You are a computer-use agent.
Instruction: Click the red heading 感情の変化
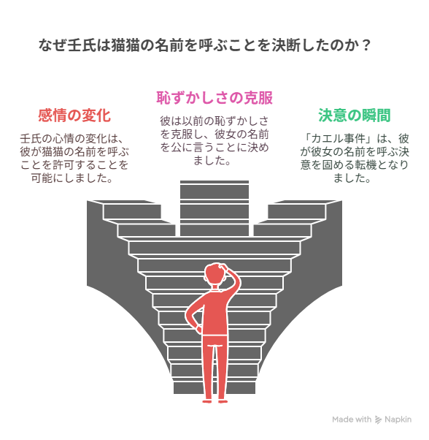pyautogui.click(x=74, y=115)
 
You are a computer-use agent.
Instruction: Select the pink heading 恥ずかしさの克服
pyautogui.click(x=214, y=98)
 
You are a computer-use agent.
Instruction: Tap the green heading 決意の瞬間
pyautogui.click(x=355, y=115)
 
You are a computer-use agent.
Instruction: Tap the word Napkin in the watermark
pyautogui.click(x=398, y=420)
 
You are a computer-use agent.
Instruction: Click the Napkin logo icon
pyautogui.click(x=379, y=420)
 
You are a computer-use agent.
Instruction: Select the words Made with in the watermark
pyautogui.click(x=352, y=420)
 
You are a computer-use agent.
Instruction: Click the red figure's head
pyautogui.click(x=215, y=273)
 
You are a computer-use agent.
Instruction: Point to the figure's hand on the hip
pyautogui.click(x=198, y=329)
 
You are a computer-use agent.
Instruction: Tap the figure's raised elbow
pyautogui.click(x=237, y=281)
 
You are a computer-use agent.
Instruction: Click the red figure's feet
pyautogui.click(x=215, y=401)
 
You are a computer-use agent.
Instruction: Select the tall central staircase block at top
pyautogui.click(x=214, y=208)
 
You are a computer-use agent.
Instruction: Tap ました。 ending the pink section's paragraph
pyautogui.click(x=212, y=160)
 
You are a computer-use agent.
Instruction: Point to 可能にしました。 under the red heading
pyautogui.click(x=71, y=178)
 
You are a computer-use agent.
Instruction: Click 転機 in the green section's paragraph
pyautogui.click(x=366, y=164)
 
